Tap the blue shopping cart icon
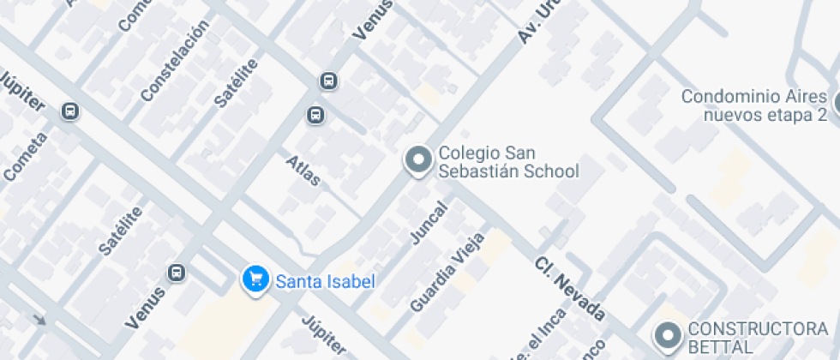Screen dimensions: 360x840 [x=254, y=279]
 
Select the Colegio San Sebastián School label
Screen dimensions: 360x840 [x=508, y=162]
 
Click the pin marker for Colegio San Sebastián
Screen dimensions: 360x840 [x=418, y=160]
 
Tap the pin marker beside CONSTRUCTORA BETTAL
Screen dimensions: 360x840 [x=667, y=335]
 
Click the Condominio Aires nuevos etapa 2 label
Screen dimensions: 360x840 [x=753, y=105]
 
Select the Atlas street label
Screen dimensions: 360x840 [x=303, y=171]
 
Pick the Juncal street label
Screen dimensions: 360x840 [x=429, y=223]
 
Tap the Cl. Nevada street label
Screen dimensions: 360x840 [x=570, y=289]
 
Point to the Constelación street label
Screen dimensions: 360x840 [x=175, y=61]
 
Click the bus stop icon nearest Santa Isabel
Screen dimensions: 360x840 [x=177, y=273]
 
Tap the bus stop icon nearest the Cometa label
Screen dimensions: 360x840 [x=70, y=111]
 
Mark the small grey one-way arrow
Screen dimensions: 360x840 [x=39, y=321]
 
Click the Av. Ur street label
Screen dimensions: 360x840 [x=532, y=24]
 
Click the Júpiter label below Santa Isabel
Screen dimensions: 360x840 [x=324, y=335]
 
